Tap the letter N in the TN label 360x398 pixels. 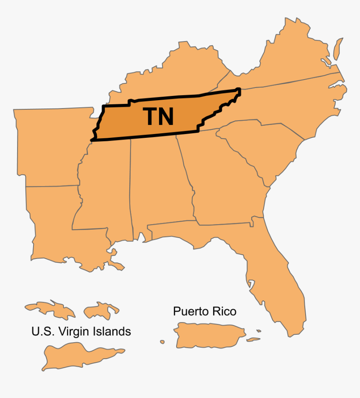point(166,117)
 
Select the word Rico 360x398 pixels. point(224,311)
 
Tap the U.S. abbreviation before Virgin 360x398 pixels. point(42,331)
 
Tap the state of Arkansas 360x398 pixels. point(50,147)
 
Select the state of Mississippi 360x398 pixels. point(105,189)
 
